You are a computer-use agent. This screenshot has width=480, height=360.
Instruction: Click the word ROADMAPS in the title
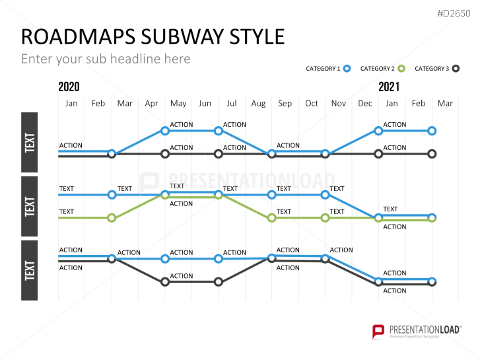79,37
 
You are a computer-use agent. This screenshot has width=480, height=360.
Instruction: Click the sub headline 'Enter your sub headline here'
106,59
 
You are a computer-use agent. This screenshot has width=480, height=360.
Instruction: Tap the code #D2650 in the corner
454,13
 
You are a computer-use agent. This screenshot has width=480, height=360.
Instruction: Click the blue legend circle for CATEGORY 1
347,69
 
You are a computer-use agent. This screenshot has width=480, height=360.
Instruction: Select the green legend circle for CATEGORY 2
401,69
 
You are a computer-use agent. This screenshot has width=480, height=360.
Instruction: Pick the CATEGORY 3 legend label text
432,69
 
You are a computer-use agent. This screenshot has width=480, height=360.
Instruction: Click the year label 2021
389,87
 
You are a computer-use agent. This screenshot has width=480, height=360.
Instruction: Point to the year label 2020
69,87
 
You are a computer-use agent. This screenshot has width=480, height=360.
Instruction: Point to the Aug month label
258,104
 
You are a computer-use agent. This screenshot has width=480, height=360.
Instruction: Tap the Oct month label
312,104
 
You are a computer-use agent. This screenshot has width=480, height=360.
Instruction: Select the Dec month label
365,104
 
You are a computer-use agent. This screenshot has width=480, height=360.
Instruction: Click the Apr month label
152,104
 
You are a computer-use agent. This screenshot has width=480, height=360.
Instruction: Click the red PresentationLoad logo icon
378,332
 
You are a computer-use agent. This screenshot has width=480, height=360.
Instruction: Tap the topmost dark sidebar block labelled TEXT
30,143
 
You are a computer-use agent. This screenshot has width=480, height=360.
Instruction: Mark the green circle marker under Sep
271,218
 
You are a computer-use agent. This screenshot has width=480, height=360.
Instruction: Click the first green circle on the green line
112,218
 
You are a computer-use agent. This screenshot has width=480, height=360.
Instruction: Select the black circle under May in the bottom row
165,282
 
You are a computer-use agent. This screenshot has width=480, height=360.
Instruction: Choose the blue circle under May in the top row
165,131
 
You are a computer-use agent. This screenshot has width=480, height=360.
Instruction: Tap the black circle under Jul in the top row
219,154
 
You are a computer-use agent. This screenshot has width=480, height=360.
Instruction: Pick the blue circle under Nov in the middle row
325,195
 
